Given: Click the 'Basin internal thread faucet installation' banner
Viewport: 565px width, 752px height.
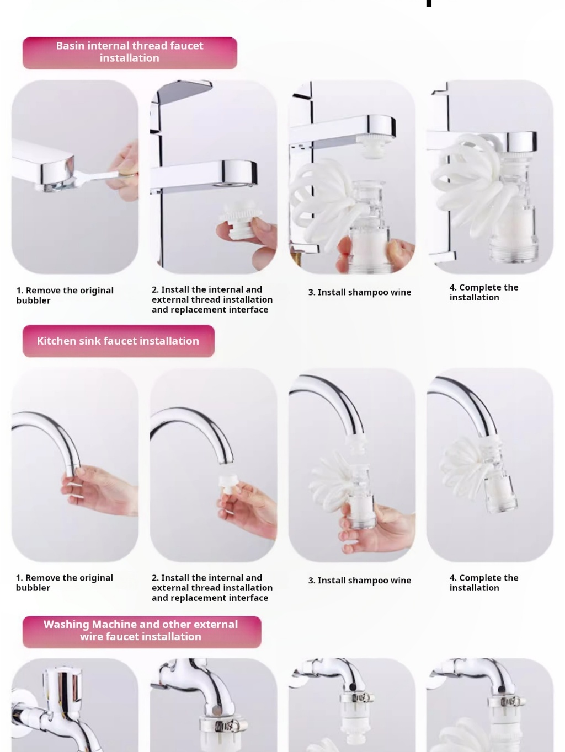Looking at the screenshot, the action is (x=130, y=53).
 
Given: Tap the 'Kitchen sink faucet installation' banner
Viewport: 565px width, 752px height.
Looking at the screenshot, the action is (x=118, y=341).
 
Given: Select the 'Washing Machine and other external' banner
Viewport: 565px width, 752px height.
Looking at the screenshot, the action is (x=142, y=631).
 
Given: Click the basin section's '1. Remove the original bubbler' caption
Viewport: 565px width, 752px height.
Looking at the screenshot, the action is (x=65, y=295).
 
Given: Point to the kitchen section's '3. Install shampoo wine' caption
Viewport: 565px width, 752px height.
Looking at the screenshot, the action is (x=359, y=580).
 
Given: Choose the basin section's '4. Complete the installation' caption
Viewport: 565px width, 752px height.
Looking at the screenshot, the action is (x=484, y=292).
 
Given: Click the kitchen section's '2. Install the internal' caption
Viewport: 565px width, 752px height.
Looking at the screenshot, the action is (x=212, y=588).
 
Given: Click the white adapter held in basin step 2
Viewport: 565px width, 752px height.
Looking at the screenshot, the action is (x=241, y=220).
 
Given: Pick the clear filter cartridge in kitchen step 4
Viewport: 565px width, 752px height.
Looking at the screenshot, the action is (x=497, y=478).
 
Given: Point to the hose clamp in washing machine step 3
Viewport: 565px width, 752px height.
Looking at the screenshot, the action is (x=357, y=697).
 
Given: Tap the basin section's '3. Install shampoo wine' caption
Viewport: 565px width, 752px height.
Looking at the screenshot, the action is (x=359, y=292).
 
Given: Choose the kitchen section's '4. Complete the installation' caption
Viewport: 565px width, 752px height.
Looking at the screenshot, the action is (x=484, y=582).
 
